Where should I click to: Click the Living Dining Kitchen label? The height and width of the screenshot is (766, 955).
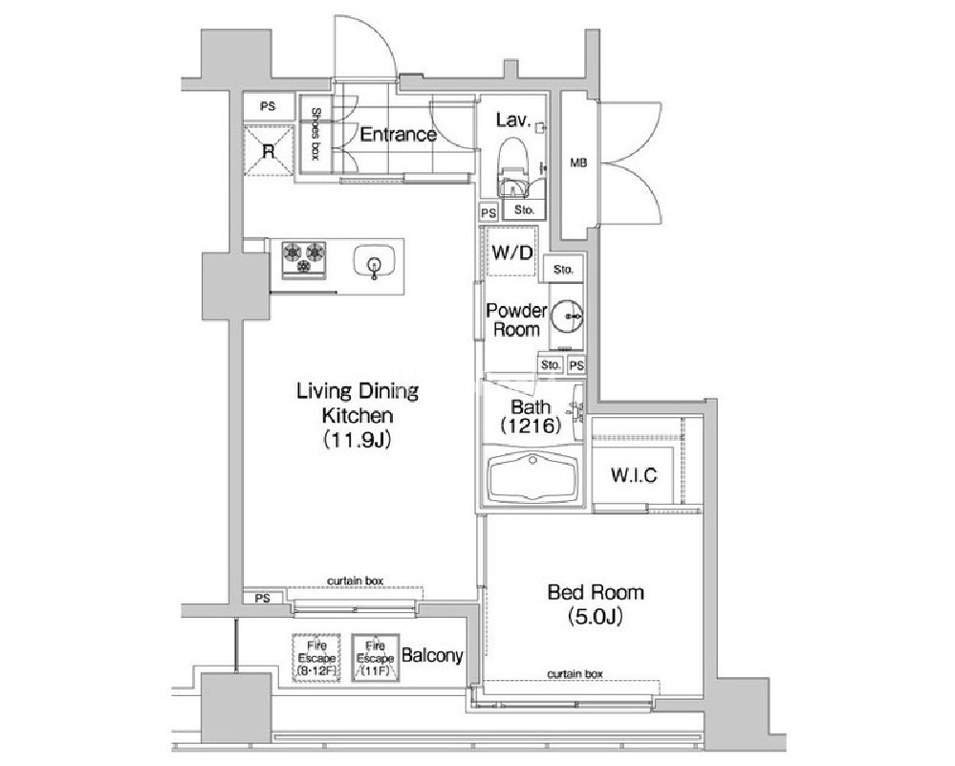pyautogui.click(x=358, y=414)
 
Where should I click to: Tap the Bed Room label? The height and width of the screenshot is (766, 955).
pyautogui.click(x=596, y=604)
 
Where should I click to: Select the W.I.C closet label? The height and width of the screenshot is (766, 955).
pyautogui.click(x=634, y=474)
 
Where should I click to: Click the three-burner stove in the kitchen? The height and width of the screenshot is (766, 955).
pyautogui.click(x=303, y=258)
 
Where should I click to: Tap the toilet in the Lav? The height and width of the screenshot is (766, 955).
pyautogui.click(x=512, y=164)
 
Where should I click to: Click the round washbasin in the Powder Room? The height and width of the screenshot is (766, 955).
pyautogui.click(x=567, y=316)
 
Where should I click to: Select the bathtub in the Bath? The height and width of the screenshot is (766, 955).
pyautogui.click(x=532, y=479)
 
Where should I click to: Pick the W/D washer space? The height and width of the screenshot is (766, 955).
pyautogui.click(x=511, y=252)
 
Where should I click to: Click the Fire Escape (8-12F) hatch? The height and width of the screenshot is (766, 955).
pyautogui.click(x=316, y=657)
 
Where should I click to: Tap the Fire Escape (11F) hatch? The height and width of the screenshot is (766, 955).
pyautogui.click(x=375, y=658)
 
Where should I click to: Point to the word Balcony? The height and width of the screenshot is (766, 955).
pyautogui.click(x=432, y=656)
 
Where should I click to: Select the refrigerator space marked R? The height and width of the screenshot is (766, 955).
pyautogui.click(x=269, y=150)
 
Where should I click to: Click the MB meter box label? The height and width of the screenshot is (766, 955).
pyautogui.click(x=578, y=163)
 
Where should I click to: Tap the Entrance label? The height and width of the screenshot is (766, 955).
pyautogui.click(x=399, y=134)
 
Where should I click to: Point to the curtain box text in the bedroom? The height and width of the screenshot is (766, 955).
pyautogui.click(x=575, y=673)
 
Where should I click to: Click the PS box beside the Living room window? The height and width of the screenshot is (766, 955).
pyautogui.click(x=263, y=598)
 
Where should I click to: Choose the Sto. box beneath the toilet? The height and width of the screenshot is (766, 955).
pyautogui.click(x=524, y=209)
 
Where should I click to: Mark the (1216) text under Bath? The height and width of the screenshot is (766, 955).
pyautogui.click(x=530, y=426)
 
